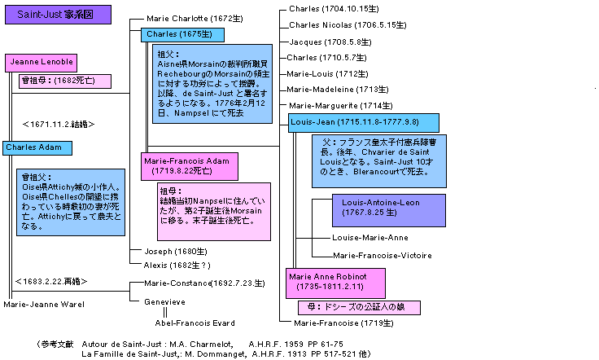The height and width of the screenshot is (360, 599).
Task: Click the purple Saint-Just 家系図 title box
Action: point(55,15)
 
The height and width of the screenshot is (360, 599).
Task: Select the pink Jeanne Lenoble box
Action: point(42,63)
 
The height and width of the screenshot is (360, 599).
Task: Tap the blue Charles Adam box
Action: point(36,147)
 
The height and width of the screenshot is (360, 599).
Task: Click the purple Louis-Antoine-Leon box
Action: point(388,210)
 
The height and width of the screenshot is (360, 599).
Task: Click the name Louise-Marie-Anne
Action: point(370,238)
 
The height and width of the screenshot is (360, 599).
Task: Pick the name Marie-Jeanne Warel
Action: point(44,305)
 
